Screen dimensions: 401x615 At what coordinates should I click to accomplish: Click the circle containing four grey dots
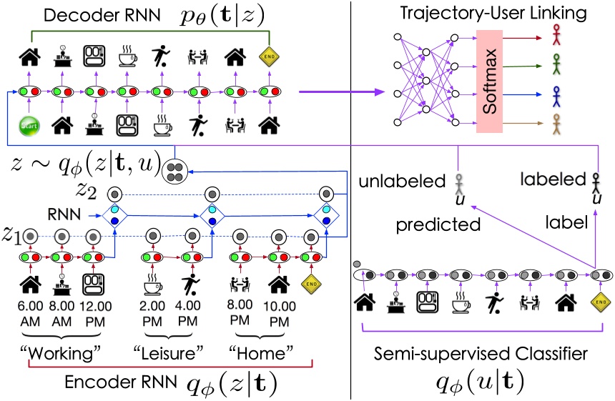tap(174, 170)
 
